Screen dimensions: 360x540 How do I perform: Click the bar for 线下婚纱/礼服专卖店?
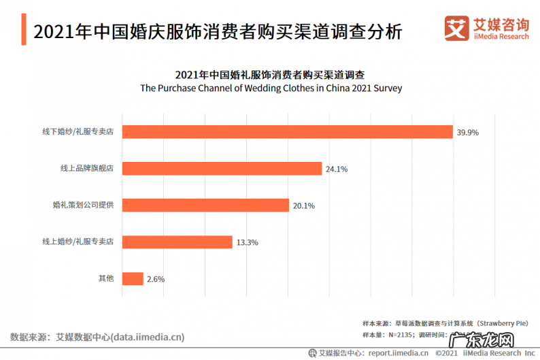(287, 132)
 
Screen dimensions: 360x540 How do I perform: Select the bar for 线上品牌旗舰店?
(222, 169)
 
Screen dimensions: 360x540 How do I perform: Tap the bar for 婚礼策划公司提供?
(205, 206)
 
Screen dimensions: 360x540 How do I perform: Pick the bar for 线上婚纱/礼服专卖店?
(177, 242)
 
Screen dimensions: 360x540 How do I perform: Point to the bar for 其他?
(133, 279)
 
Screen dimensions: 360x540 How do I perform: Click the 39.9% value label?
(468, 133)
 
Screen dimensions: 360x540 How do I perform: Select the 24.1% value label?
(337, 169)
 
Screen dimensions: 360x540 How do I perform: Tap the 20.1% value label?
(304, 206)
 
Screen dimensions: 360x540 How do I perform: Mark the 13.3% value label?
(248, 243)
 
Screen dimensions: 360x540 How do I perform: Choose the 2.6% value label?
(156, 280)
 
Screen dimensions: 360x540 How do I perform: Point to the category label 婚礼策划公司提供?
(83, 205)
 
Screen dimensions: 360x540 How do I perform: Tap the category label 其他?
(106, 278)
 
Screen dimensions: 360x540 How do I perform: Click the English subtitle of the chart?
(271, 88)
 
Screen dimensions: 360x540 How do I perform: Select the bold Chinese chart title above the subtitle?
(271, 74)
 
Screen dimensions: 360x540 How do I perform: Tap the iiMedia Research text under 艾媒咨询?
(500, 37)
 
